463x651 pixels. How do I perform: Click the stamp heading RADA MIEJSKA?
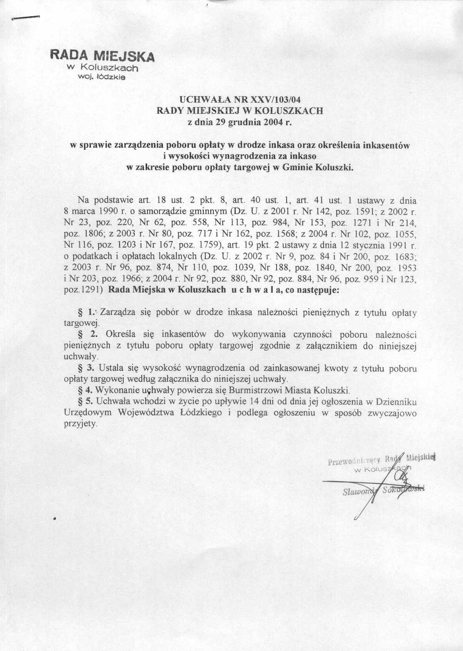(x=102, y=55)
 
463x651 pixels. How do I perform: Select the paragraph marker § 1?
(x=86, y=312)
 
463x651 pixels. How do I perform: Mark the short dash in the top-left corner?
(x=26, y=17)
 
